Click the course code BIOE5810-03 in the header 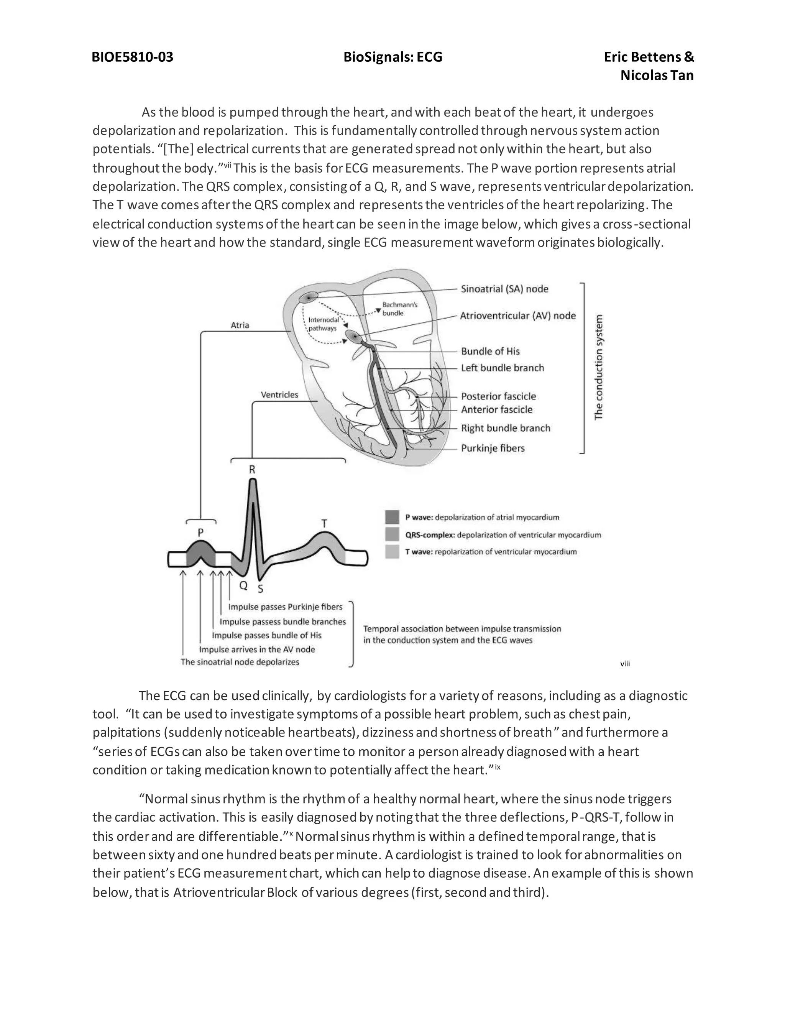[x=133, y=57]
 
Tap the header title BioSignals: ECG [x=392, y=57]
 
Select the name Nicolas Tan [x=657, y=76]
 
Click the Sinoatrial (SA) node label [x=504, y=289]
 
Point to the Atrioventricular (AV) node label [x=517, y=316]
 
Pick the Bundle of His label [x=490, y=351]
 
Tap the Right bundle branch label [x=505, y=428]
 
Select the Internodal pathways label [x=323, y=324]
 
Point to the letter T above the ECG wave [x=324, y=523]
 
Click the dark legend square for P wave [x=392, y=517]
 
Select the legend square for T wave [x=392, y=552]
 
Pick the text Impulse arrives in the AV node [x=257, y=649]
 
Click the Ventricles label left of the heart [x=279, y=395]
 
